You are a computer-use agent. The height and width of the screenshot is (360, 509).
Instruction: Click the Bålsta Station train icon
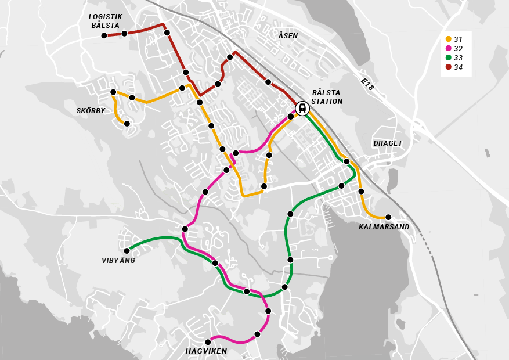point(302,108)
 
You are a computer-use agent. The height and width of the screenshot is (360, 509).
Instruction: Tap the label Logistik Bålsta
point(105,21)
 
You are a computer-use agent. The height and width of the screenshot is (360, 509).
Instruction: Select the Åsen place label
point(288,36)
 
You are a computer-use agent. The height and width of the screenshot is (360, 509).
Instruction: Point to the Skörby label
point(91,111)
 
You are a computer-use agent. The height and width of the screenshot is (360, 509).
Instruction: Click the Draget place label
point(388,143)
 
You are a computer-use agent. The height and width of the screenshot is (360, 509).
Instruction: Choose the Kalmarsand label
point(384,227)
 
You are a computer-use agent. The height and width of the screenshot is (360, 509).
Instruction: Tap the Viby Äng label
point(118,261)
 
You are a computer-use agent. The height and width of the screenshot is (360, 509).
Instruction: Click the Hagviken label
point(206,351)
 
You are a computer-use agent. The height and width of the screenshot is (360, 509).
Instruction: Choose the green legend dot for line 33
point(448,58)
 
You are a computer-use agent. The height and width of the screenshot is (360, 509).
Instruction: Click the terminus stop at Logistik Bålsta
point(104,35)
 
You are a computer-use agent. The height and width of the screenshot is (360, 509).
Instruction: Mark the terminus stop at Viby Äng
point(127,251)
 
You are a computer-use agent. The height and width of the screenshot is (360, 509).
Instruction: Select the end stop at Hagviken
point(208,342)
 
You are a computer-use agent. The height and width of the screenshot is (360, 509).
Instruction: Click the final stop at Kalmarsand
point(388,217)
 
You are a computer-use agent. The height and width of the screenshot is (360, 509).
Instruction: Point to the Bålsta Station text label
point(327,97)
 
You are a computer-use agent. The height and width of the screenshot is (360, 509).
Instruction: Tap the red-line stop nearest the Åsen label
point(268,82)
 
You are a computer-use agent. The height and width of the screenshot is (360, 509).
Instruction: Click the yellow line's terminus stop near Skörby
point(127,124)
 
